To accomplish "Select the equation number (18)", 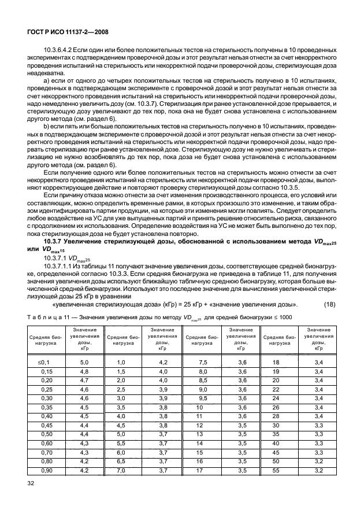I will pyautogui.click(x=335, y=305).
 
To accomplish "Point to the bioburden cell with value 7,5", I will pyautogui.click(x=202, y=362).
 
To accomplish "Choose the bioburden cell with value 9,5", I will pyautogui.click(x=202, y=398).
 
